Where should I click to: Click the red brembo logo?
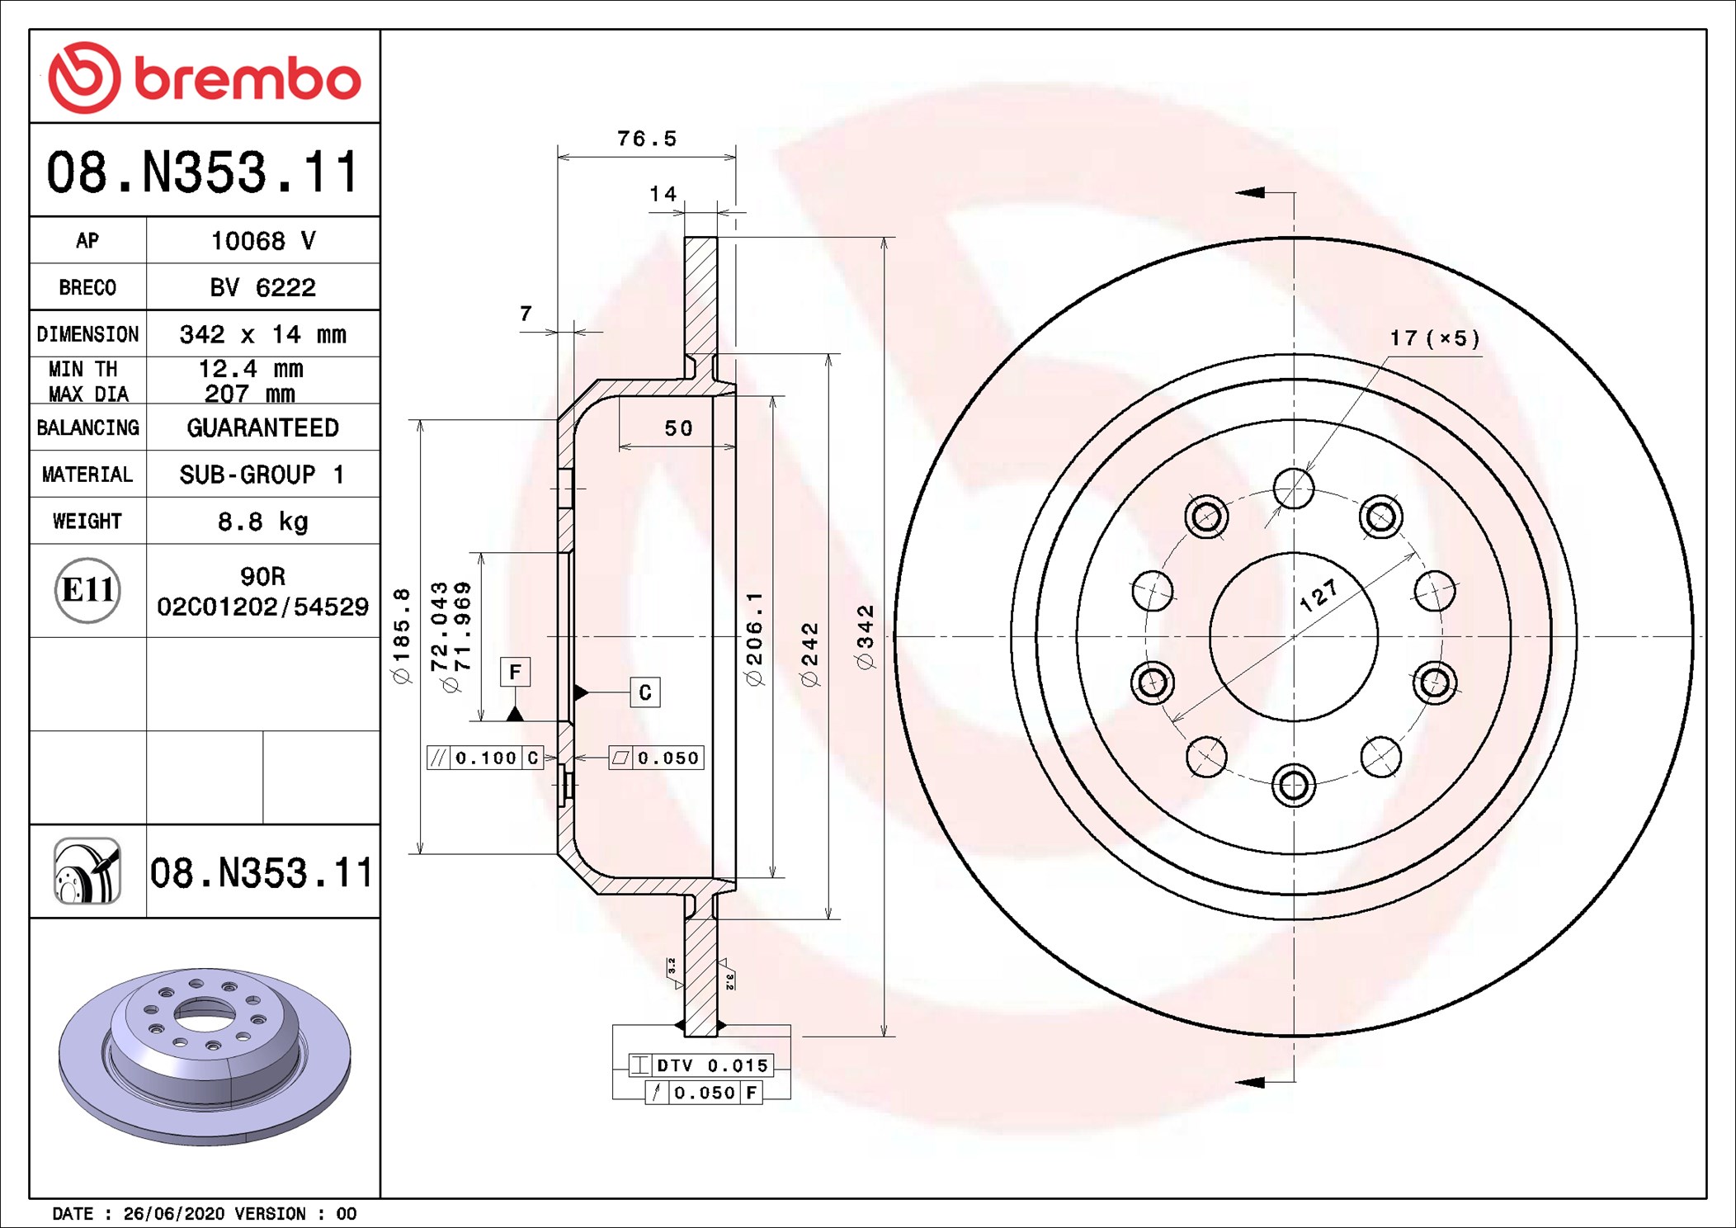tap(204, 78)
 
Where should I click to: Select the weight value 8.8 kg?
tap(262, 522)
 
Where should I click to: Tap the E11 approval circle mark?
tap(87, 590)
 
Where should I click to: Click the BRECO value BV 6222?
tap(262, 287)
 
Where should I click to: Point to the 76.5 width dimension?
tap(647, 139)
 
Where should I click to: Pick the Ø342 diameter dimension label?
tap(865, 637)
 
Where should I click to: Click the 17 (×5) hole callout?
tap(1434, 338)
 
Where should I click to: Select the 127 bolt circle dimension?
tap(1319, 595)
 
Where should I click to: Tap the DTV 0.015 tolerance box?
tap(701, 1065)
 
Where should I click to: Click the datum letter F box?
tap(515, 672)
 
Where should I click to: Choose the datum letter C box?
tap(645, 692)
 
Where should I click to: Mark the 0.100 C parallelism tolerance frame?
tap(485, 758)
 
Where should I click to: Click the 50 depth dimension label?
tap(678, 428)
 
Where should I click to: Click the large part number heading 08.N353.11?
tap(204, 172)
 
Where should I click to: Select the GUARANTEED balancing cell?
tap(262, 427)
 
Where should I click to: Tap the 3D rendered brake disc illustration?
tap(205, 1056)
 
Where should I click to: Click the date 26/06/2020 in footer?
tap(173, 1214)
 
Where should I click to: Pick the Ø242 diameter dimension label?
tap(810, 654)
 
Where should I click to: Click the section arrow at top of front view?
tap(1251, 192)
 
